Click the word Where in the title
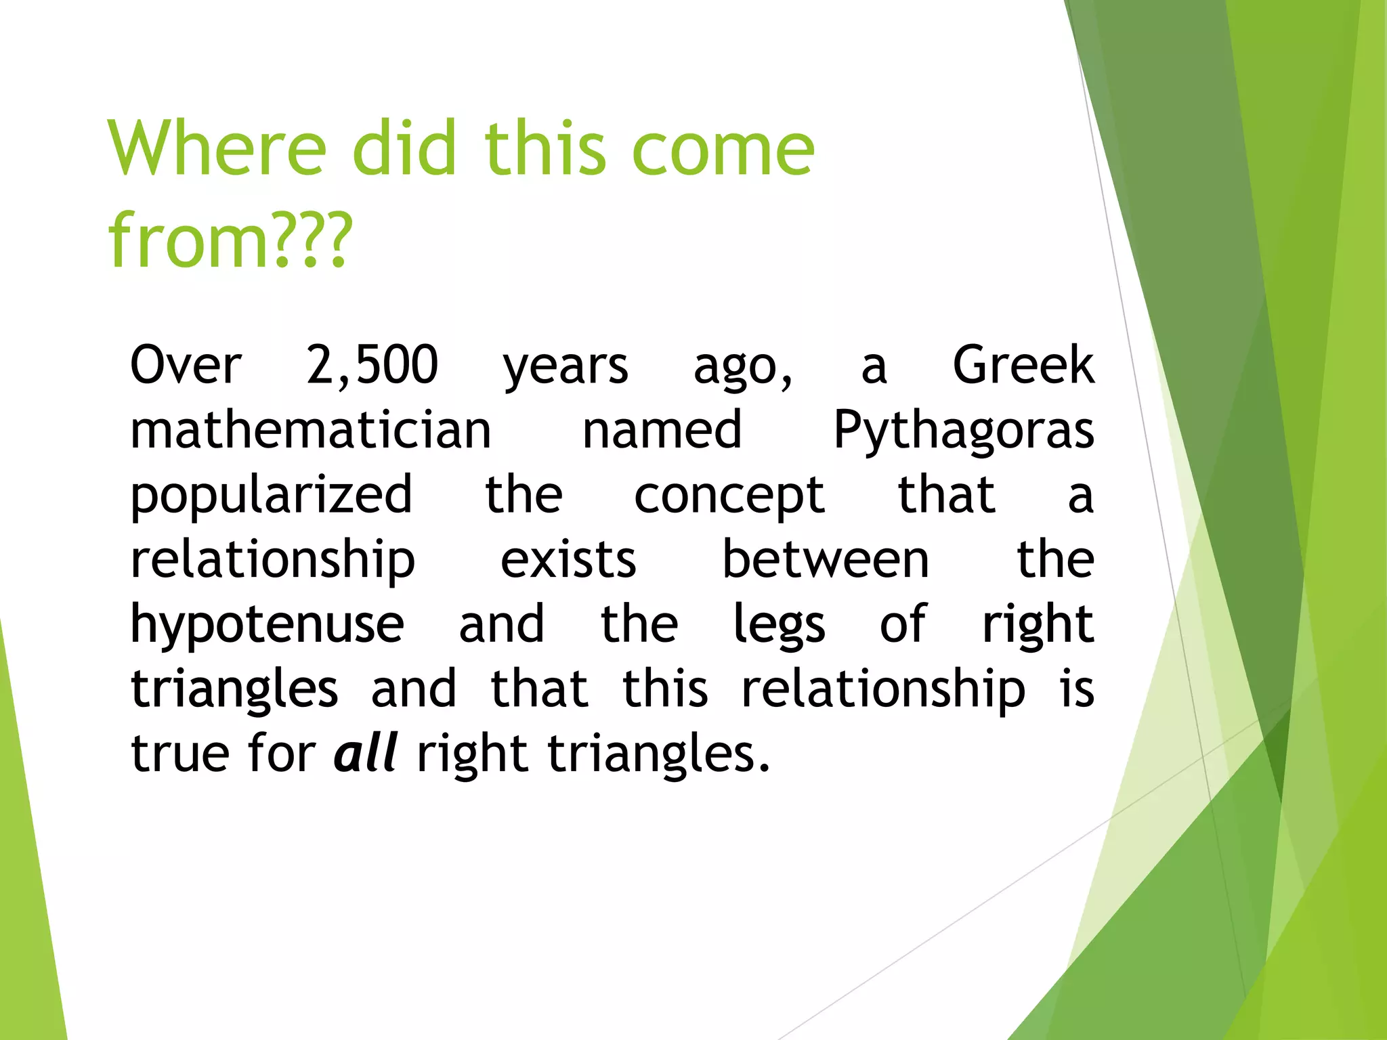217,148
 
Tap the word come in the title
723,148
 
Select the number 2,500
372,366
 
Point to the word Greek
1023,366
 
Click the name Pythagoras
963,431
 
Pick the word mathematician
310,431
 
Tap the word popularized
271,496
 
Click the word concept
729,496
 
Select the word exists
568,561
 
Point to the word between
826,561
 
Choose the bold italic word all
366,754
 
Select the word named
662,431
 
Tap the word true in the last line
179,754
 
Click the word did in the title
404,148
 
